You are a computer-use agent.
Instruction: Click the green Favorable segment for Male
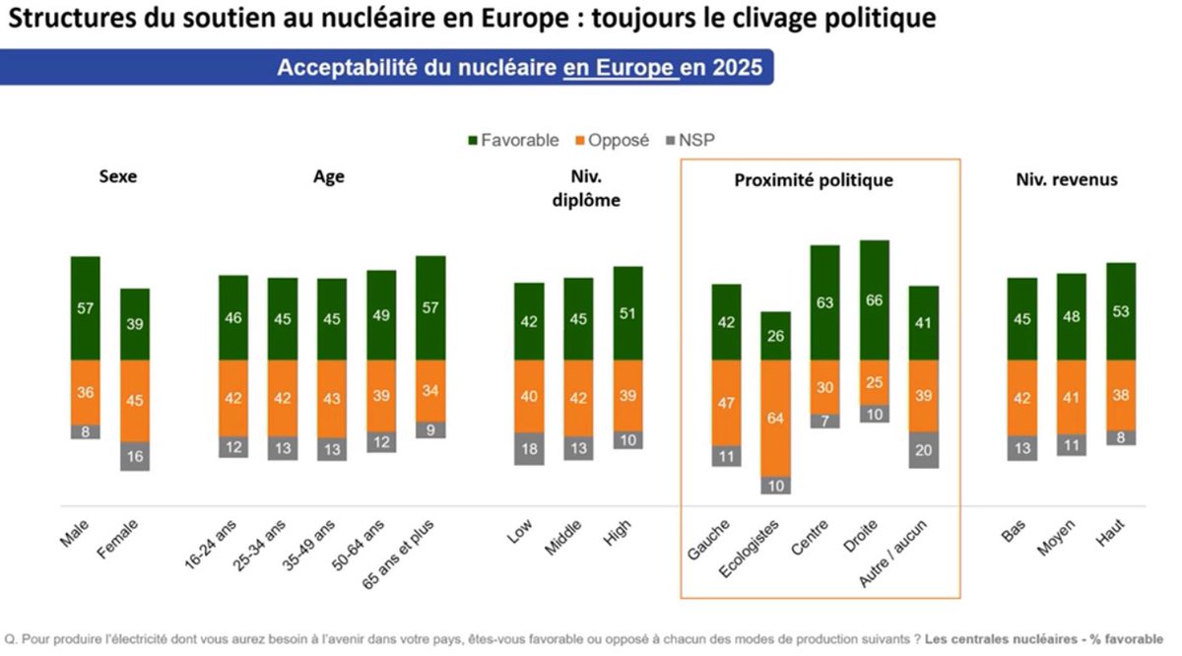tap(86, 308)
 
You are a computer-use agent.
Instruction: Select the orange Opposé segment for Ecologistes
tap(776, 419)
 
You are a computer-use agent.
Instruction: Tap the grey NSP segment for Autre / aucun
tap(924, 449)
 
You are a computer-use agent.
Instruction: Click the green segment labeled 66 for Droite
tap(875, 300)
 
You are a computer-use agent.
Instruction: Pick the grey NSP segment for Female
tap(135, 456)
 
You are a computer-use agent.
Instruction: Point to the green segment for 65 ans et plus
tap(431, 308)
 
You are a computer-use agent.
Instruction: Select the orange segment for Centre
tap(825, 387)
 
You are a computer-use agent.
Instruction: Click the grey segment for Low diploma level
tap(529, 448)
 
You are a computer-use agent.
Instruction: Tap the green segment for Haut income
tap(1121, 311)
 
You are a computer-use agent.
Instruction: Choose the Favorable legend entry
tap(512, 140)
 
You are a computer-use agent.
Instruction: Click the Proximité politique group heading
tap(814, 180)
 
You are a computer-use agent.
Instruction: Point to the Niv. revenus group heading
tap(1067, 179)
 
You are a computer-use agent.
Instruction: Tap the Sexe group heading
tap(118, 178)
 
